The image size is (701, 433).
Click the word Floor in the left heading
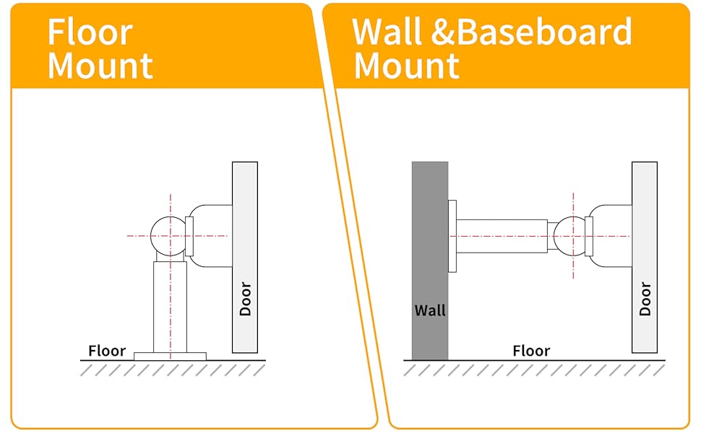coord(90,32)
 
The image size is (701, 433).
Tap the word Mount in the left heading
coord(100,66)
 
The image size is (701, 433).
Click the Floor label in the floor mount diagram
coord(107,351)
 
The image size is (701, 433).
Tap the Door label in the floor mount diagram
coord(246,299)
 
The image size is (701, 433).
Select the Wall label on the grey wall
coord(429,310)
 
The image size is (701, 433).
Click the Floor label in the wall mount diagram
coord(531,351)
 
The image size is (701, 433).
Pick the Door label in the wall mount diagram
coord(645,299)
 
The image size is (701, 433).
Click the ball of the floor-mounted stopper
coord(169,236)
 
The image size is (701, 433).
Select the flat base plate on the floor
coord(170,357)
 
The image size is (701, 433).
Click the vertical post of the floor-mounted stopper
coord(170,307)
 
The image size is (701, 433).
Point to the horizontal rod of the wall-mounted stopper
coord(502,236)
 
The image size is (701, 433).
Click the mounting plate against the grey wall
coord(452,236)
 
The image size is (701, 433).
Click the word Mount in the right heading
coord(406,66)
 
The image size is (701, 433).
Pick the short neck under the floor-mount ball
coord(170,257)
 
